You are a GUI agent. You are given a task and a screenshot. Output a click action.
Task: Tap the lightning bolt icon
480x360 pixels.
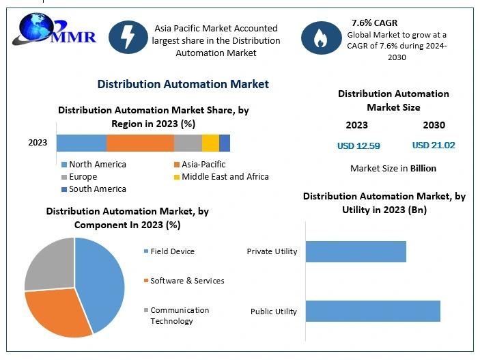click(x=128, y=35)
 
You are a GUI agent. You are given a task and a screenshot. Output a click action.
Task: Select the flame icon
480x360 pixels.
click(x=319, y=38)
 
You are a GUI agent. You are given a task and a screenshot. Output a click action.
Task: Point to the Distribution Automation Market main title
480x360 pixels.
click(x=183, y=84)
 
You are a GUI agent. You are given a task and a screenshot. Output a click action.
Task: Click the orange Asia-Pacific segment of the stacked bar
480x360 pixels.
click(x=140, y=143)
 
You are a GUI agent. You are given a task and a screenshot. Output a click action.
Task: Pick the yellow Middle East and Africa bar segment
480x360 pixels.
click(x=210, y=143)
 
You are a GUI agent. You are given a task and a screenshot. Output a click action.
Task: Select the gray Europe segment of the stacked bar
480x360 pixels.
click(x=188, y=143)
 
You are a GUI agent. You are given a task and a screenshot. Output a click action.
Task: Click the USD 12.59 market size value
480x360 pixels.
click(x=358, y=146)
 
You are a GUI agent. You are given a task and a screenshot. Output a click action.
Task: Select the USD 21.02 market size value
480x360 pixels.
click(x=434, y=146)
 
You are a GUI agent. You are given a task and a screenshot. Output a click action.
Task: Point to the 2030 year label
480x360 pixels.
click(x=434, y=125)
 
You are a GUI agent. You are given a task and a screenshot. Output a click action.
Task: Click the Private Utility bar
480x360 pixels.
click(x=356, y=251)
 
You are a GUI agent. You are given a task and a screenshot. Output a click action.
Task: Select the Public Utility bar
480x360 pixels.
click(x=373, y=311)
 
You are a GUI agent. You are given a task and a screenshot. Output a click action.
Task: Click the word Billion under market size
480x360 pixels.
click(x=423, y=168)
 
